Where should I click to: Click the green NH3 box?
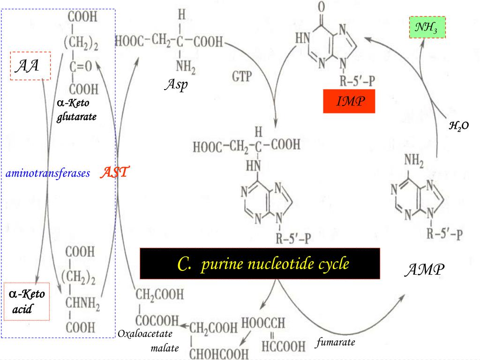(427, 28)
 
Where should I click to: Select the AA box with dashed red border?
(27, 66)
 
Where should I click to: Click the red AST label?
(114, 173)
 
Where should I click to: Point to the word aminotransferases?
(48, 174)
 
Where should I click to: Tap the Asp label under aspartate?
(176, 85)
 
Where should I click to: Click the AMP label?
(425, 270)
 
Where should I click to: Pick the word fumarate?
(335, 342)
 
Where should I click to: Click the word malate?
(165, 348)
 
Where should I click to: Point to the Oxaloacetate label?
(145, 334)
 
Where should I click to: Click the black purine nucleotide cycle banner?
(260, 264)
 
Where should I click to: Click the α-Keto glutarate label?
(76, 110)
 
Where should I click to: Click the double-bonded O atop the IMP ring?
(322, 7)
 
